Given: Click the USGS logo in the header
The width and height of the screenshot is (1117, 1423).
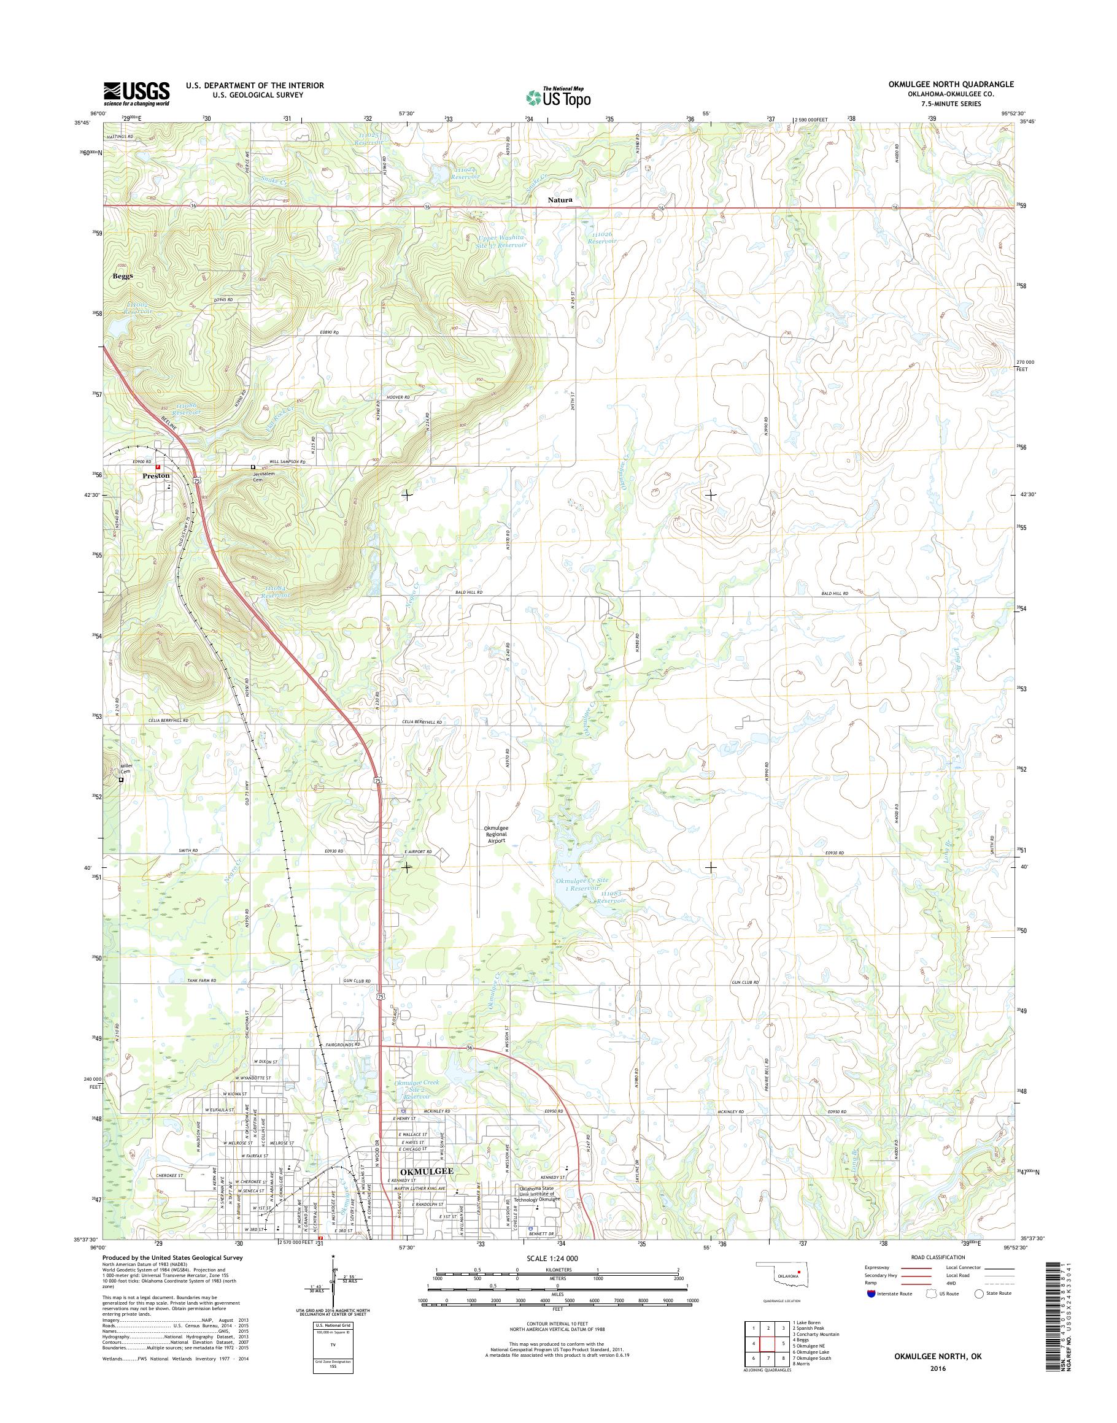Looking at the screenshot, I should (136, 93).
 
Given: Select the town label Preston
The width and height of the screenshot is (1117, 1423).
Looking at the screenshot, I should (157, 476).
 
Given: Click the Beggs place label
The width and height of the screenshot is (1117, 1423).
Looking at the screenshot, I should (122, 276).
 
